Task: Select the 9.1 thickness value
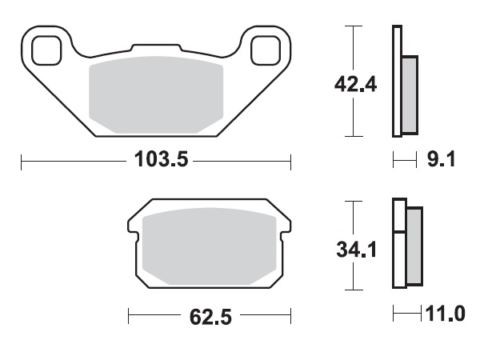[x=441, y=160]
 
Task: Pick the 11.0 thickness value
[x=446, y=314]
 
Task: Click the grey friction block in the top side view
[x=409, y=94]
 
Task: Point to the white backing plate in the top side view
[x=395, y=80]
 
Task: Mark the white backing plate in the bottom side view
[x=398, y=244]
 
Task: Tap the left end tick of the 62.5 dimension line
[x=129, y=317]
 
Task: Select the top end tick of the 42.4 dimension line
[x=350, y=26]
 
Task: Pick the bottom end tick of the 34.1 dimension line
[x=350, y=289]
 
